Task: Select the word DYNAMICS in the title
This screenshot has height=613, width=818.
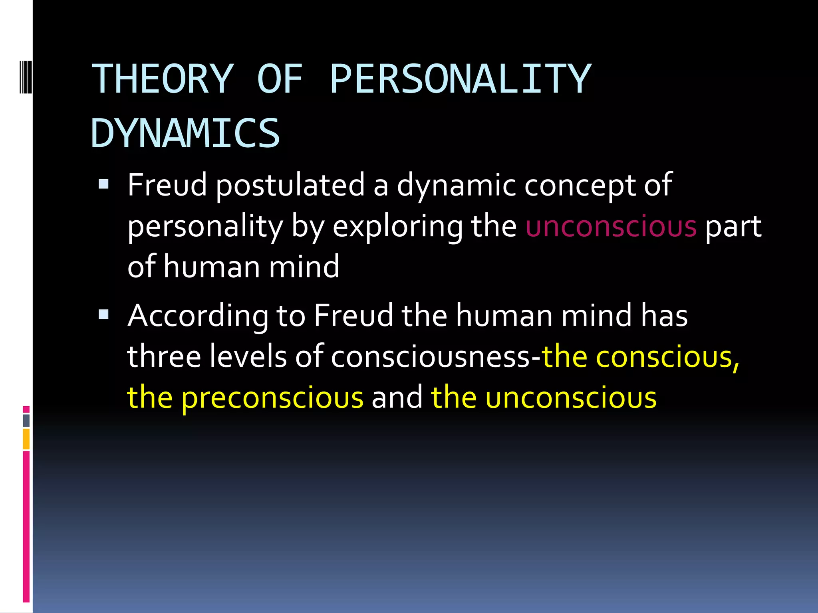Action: tap(186, 133)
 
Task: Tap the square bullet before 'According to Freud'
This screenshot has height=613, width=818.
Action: tap(103, 314)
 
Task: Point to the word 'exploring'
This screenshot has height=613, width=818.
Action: tap(398, 227)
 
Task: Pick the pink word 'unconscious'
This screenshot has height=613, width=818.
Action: tap(611, 226)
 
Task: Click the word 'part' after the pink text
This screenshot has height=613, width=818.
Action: tap(733, 227)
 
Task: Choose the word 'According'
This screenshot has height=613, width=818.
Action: tap(198, 316)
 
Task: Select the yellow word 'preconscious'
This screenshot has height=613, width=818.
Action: tap(272, 398)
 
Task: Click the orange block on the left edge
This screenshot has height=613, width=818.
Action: tap(26, 439)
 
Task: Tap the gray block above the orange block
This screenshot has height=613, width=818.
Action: tap(26, 420)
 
